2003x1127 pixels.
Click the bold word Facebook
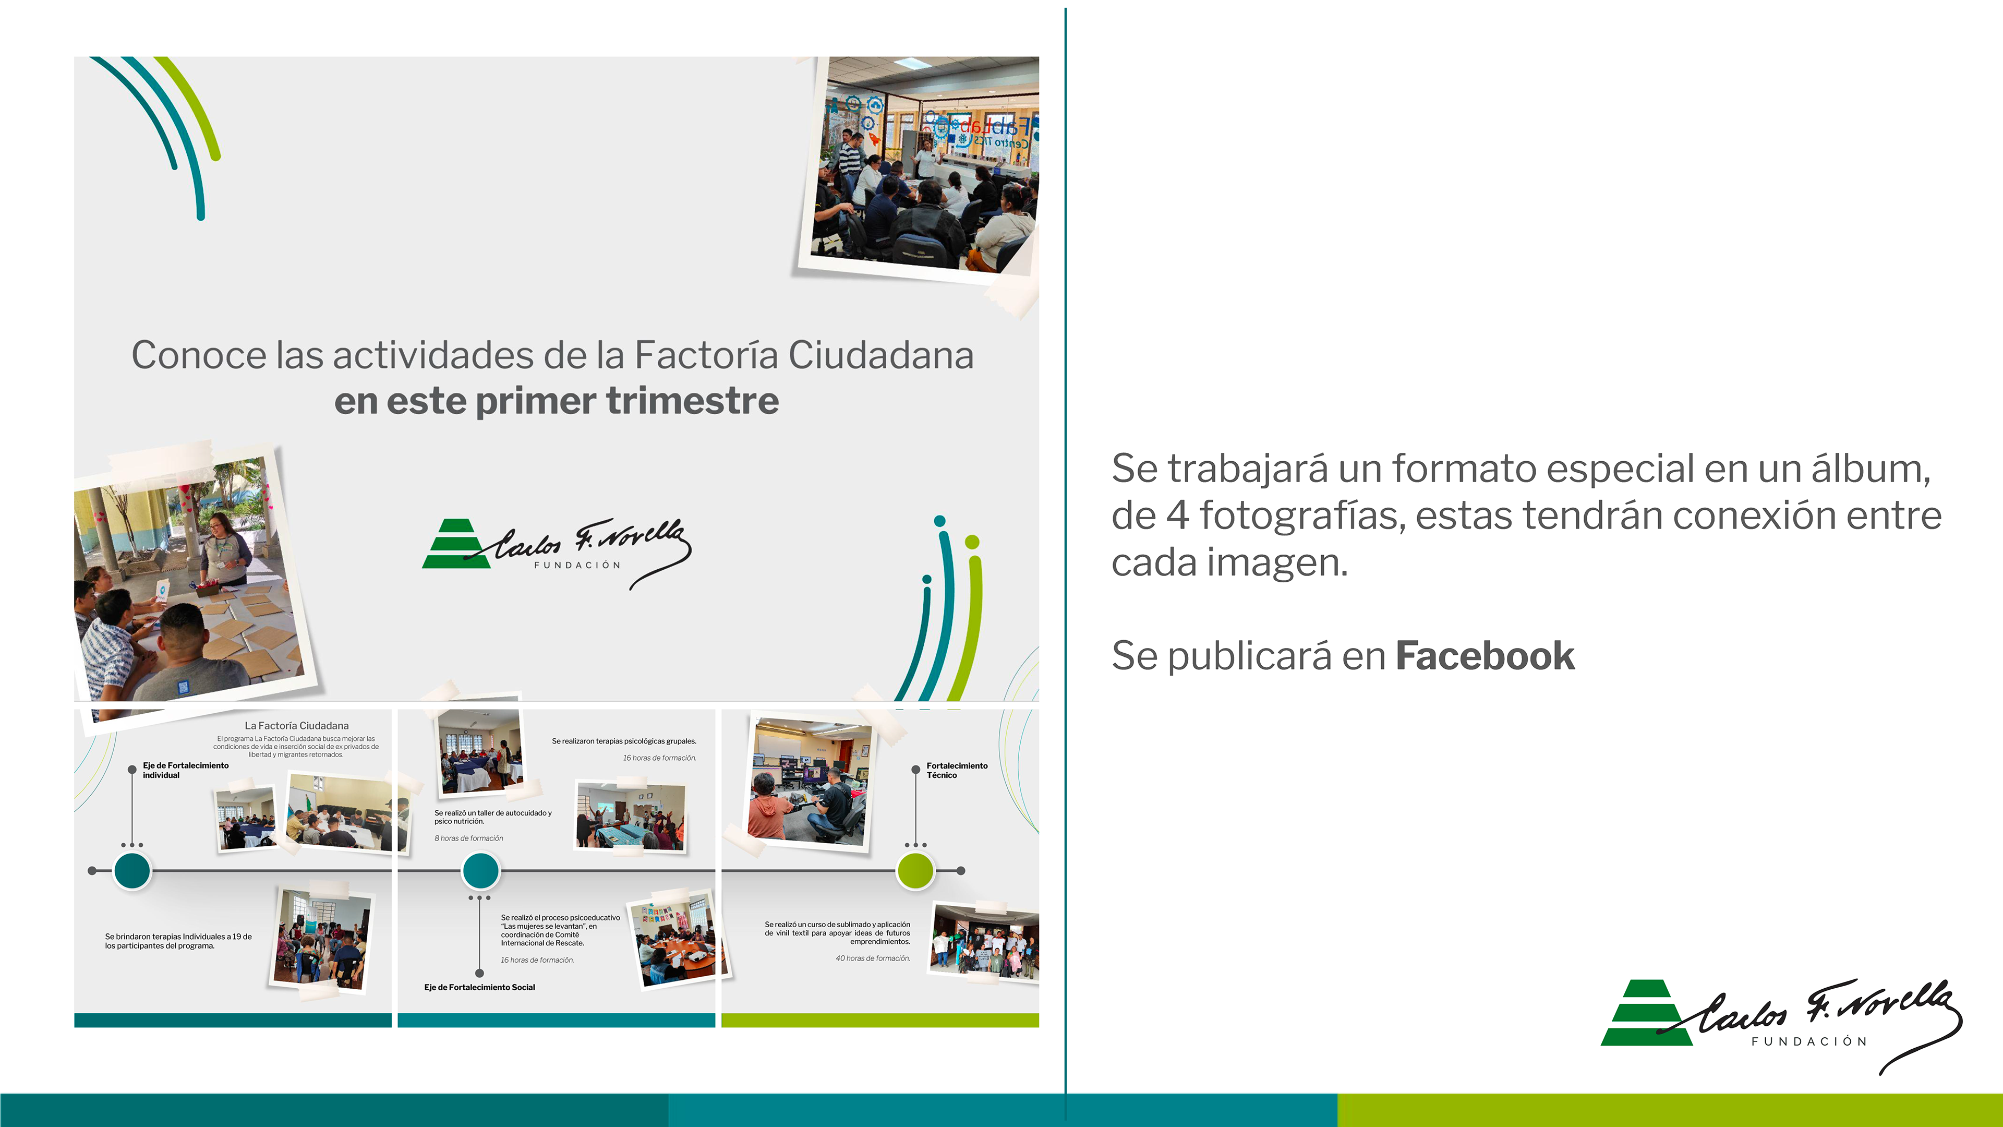coord(1485,656)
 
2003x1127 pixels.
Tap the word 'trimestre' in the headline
coord(692,401)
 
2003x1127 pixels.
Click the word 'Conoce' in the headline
coord(199,355)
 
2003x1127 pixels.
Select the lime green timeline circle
coord(915,870)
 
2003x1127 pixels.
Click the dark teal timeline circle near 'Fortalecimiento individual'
coord(132,870)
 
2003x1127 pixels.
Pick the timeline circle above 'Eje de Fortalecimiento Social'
coord(480,870)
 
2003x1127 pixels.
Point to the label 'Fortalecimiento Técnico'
coord(957,770)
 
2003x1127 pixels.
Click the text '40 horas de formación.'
coord(873,958)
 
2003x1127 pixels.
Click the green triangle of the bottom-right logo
coord(1645,1013)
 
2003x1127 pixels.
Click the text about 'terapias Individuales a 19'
coord(178,941)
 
